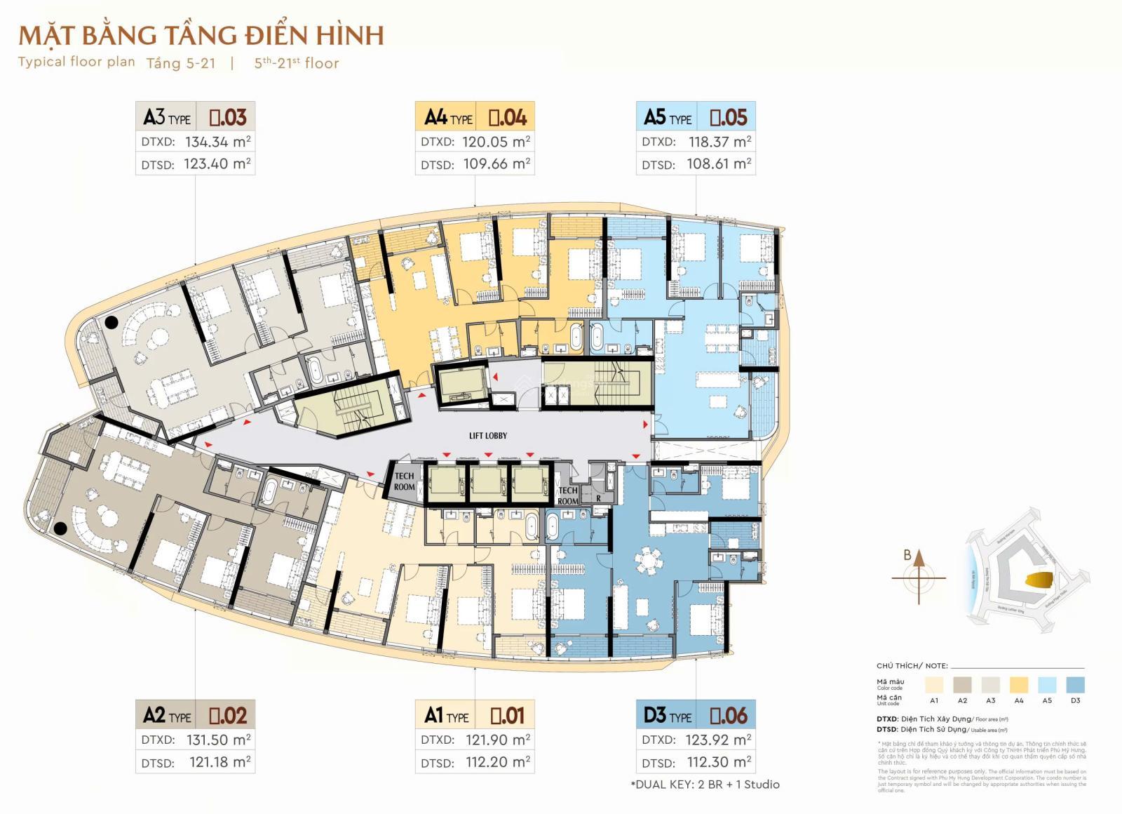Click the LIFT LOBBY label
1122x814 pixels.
488,436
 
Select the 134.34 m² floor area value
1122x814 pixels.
217,142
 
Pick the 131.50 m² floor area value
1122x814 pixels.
218,740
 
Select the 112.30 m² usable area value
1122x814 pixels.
719,762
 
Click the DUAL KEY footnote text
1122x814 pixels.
705,785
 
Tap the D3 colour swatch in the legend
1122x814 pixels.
1075,685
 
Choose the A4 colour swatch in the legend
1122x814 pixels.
1019,685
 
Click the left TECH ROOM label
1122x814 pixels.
404,481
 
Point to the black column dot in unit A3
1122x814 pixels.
111,323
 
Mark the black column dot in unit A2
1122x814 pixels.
61,528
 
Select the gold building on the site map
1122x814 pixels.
1039,581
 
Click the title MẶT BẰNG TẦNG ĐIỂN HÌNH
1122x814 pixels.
201,35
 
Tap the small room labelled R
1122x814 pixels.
598,498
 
